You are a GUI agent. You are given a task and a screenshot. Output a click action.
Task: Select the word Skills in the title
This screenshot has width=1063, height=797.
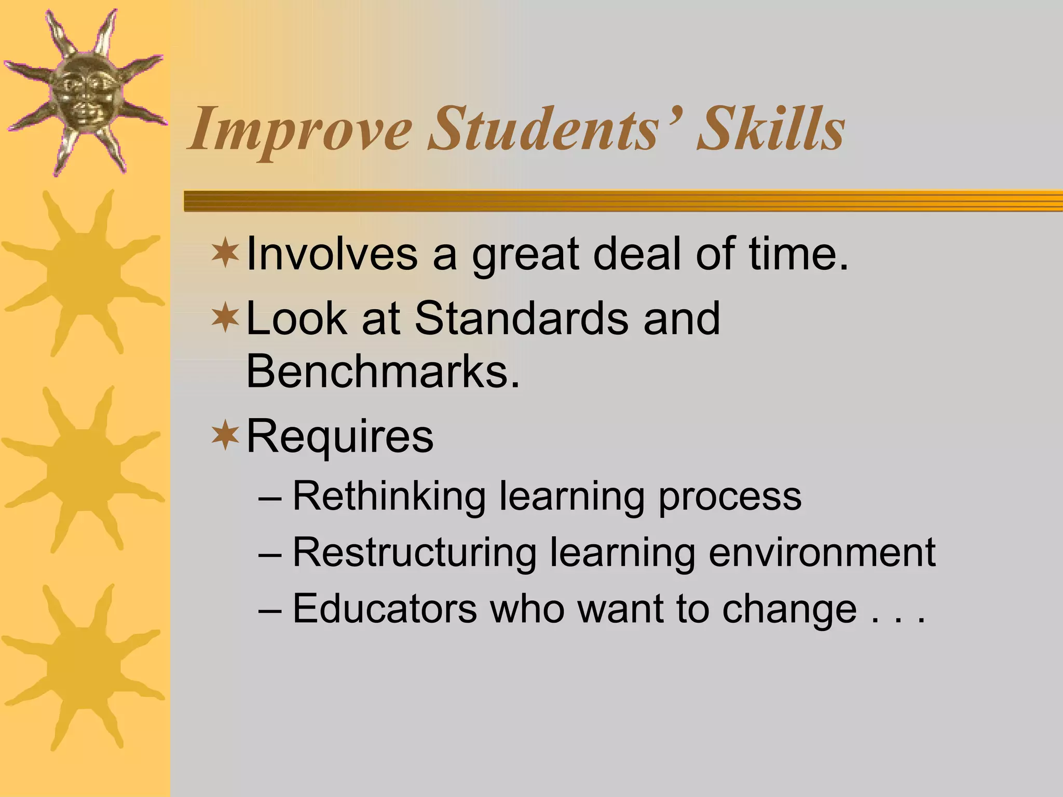coord(771,129)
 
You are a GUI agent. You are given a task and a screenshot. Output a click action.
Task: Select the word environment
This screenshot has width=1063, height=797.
coord(822,552)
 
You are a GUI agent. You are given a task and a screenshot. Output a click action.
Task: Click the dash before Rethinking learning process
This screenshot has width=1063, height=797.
coord(270,498)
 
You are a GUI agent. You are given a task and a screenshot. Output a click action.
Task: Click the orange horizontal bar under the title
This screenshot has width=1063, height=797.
coord(623,201)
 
